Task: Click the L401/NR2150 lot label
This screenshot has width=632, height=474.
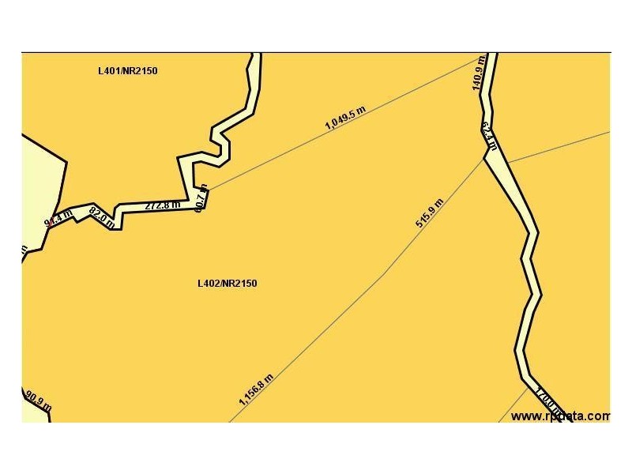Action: tap(127, 71)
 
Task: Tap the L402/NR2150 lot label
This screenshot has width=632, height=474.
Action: tap(227, 284)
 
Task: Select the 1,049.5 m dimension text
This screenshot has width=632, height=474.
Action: tap(345, 118)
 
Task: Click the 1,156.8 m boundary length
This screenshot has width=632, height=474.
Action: tap(257, 389)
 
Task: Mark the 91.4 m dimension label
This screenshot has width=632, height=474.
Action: tap(58, 217)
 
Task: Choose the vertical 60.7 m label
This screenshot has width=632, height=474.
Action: tap(201, 198)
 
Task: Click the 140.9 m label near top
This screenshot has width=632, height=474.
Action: tap(478, 73)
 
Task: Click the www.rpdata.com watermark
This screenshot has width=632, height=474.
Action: tap(560, 416)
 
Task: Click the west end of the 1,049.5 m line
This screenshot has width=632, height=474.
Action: tap(207, 190)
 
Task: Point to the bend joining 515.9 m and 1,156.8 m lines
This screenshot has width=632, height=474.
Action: tap(384, 275)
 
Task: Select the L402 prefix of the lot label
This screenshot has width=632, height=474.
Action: tap(207, 284)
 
